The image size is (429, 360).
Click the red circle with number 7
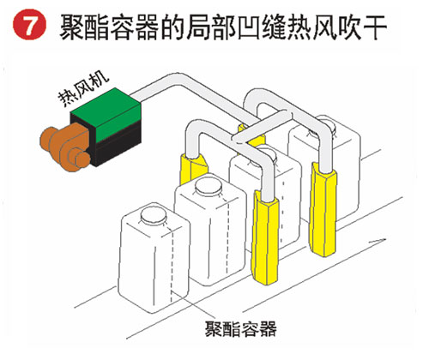(x=29, y=24)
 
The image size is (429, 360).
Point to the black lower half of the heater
(x=118, y=147)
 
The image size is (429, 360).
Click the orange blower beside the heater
(x=66, y=148)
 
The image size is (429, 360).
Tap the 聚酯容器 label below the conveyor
(x=240, y=329)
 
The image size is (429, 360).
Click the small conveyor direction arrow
(x=377, y=241)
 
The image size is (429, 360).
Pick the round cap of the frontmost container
(x=154, y=215)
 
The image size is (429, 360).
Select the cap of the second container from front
(x=208, y=186)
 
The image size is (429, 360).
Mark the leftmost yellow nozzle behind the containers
(x=192, y=169)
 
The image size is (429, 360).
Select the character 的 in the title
(x=172, y=27)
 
